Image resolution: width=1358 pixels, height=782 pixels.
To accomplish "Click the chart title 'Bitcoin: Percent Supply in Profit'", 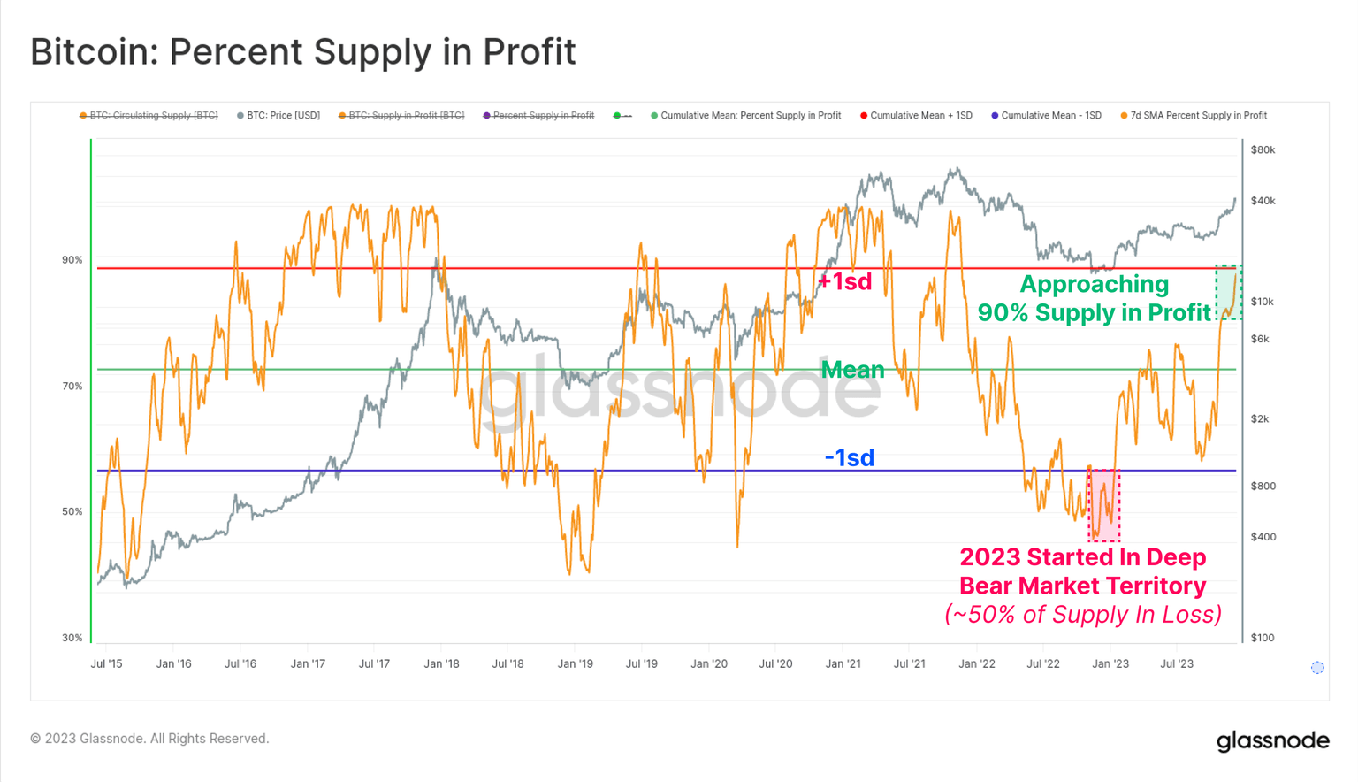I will tap(302, 51).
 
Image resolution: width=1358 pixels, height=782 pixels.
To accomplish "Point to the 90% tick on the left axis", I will tap(72, 260).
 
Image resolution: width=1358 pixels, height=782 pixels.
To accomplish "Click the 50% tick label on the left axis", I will tap(72, 512).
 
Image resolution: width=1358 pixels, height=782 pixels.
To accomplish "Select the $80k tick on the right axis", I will tap(1263, 150).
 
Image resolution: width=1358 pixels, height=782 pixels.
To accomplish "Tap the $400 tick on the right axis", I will tap(1263, 537).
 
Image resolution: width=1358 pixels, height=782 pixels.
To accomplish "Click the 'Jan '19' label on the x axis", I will tap(575, 664).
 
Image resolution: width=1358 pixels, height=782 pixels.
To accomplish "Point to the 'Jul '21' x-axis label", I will tap(909, 664).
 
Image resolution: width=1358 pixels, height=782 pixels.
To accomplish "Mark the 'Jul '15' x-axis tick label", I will tap(107, 664).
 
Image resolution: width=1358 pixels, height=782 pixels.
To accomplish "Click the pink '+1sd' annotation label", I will tap(844, 281).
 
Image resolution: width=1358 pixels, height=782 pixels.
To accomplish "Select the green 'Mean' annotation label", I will tap(852, 370).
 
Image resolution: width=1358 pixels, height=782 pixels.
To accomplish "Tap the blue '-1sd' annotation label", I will tap(849, 457).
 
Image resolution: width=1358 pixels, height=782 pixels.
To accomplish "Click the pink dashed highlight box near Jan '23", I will tap(1104, 505).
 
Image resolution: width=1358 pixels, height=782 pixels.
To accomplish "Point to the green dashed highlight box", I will tap(1228, 292).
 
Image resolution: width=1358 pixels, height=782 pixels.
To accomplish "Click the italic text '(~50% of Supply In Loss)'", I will tap(1083, 615).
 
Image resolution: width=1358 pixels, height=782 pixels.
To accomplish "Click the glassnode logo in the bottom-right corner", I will tap(1272, 740).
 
